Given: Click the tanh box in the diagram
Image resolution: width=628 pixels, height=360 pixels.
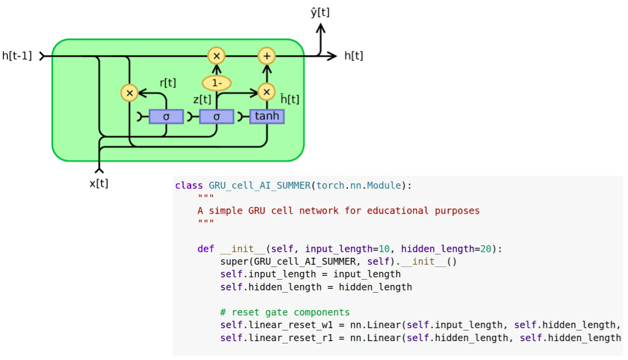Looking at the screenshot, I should (267, 117).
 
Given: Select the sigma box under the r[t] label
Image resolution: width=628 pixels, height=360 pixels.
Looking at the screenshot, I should (166, 117).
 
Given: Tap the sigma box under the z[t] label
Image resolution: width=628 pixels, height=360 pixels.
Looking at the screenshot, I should (216, 117).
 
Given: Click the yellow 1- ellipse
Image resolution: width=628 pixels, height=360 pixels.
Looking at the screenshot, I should (216, 83).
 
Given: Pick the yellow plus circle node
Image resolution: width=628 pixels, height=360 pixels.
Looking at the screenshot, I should (266, 56).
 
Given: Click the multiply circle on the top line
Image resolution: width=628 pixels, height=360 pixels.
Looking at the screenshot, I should (216, 56).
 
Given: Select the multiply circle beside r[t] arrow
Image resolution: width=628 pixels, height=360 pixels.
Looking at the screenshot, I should (130, 92).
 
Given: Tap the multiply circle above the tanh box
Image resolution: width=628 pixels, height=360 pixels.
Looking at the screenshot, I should (266, 92).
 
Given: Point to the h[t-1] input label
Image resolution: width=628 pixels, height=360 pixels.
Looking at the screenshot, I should (17, 56).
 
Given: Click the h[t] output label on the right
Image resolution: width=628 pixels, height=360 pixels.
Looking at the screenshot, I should (354, 56).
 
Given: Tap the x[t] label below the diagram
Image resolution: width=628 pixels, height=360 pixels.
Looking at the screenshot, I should (99, 184).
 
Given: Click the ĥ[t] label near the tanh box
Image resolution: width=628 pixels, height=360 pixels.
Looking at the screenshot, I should (290, 99).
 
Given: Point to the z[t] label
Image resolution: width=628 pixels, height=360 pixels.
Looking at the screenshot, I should (202, 100).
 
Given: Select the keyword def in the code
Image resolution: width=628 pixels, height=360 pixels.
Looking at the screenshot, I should (206, 249).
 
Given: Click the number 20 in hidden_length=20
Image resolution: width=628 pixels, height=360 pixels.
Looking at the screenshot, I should (486, 249).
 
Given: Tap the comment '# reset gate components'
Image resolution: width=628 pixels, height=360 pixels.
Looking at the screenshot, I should (285, 312).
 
